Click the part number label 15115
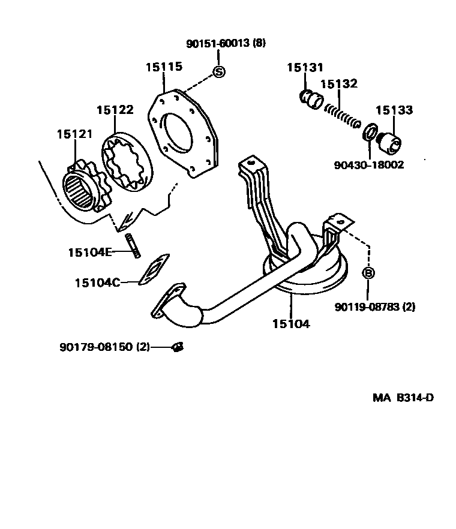[x=163, y=67]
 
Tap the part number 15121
[x=75, y=134]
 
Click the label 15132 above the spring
[x=338, y=83]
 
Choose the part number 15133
[x=394, y=110]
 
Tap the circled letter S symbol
[x=219, y=73]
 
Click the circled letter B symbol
[x=369, y=273]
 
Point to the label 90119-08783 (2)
[x=375, y=307]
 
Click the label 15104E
[x=89, y=252]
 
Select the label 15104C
[x=97, y=282]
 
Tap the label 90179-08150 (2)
[x=104, y=347]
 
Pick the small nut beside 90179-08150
[x=177, y=347]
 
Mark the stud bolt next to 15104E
[x=133, y=246]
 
